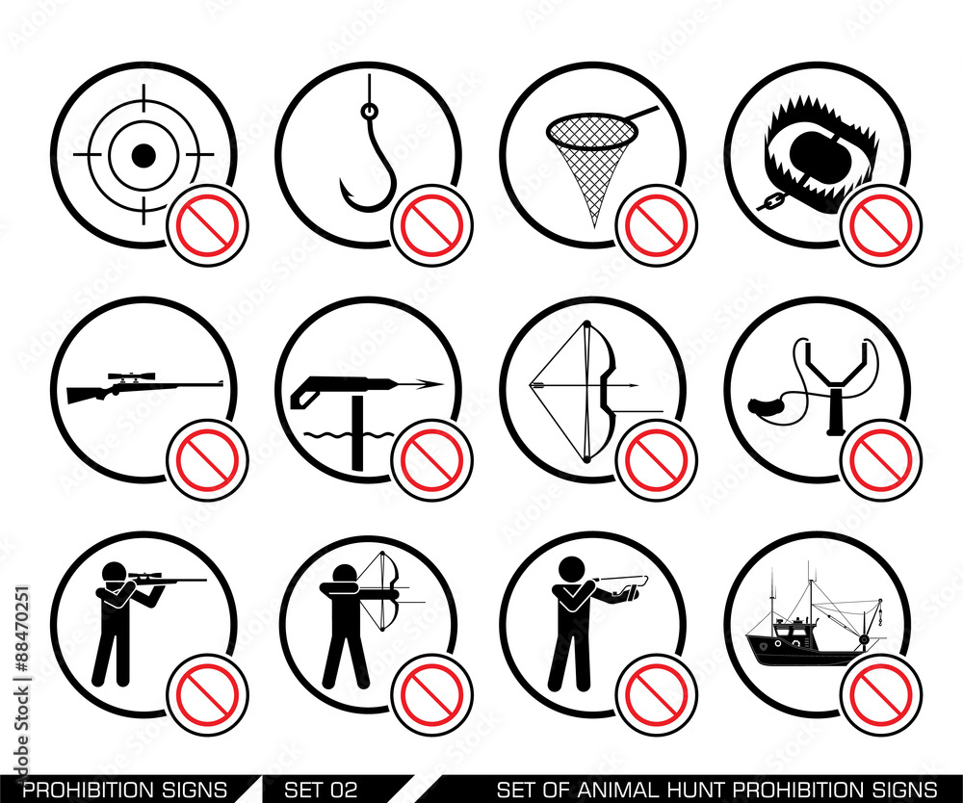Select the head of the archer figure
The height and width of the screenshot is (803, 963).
point(342,576)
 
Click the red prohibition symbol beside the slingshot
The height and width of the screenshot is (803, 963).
point(881,460)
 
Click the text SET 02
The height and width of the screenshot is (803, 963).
point(321,790)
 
